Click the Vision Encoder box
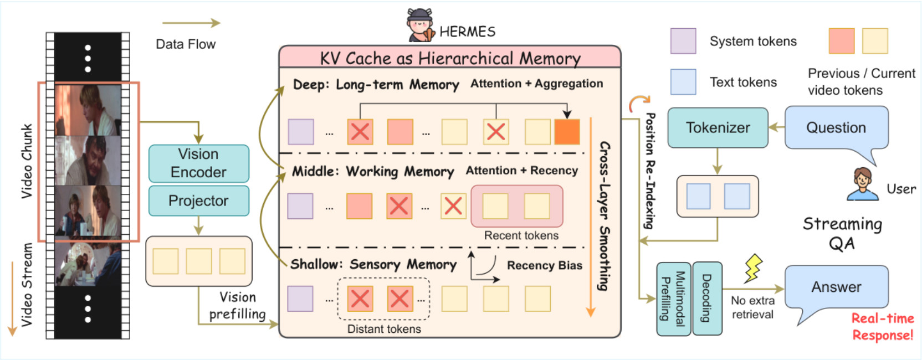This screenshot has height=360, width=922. click(199, 163)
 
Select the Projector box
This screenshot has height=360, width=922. click(199, 201)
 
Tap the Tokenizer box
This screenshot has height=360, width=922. click(718, 127)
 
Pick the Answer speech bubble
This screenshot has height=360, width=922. click(837, 287)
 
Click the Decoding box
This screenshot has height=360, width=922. click(707, 299)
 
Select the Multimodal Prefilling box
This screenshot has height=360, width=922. click(673, 299)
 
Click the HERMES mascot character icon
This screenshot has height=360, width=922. click(420, 25)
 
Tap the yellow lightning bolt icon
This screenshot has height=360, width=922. click(753, 268)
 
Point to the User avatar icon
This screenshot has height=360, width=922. click(863, 184)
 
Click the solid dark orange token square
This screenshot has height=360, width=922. click(567, 132)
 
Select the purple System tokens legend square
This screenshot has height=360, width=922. click(683, 41)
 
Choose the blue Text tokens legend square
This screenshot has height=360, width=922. click(683, 82)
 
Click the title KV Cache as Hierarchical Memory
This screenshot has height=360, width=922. click(450, 58)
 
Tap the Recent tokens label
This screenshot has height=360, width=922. click(521, 235)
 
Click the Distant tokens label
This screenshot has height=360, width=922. click(384, 329)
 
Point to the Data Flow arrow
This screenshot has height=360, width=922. click(191, 23)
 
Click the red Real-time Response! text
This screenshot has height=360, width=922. click(883, 327)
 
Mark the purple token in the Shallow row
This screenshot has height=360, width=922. click(300, 299)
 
